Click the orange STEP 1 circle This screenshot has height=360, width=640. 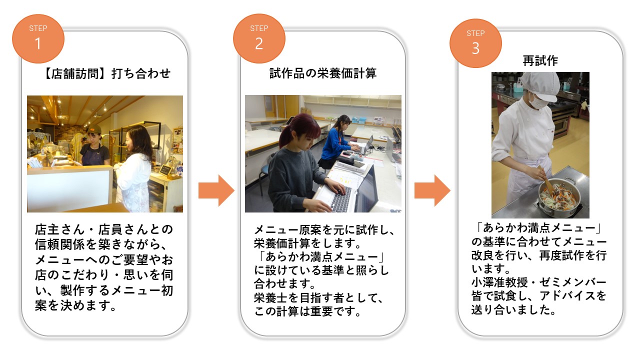pos(38,38)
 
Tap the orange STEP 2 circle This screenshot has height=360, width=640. pos(259,38)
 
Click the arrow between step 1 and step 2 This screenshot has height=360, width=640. pos(216,190)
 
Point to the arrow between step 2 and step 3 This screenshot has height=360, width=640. pos(432,190)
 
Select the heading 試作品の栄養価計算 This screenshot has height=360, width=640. pos(322,74)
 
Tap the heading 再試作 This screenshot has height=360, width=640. pos(540,61)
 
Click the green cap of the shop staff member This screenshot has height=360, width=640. pos(93,130)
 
